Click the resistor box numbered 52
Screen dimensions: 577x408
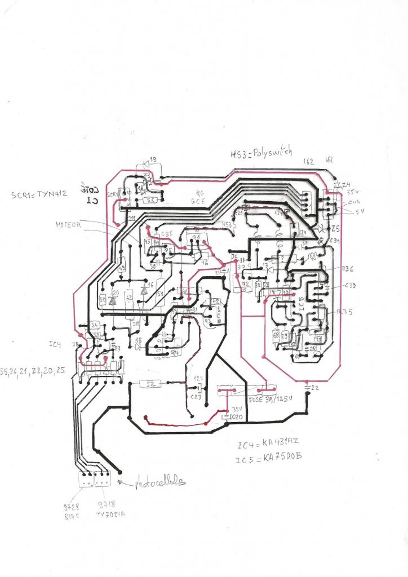[x=150, y=384]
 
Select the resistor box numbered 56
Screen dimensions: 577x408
[x=150, y=199]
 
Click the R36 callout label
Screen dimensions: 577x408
[x=348, y=269]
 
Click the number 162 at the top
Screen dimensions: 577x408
[x=309, y=161]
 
